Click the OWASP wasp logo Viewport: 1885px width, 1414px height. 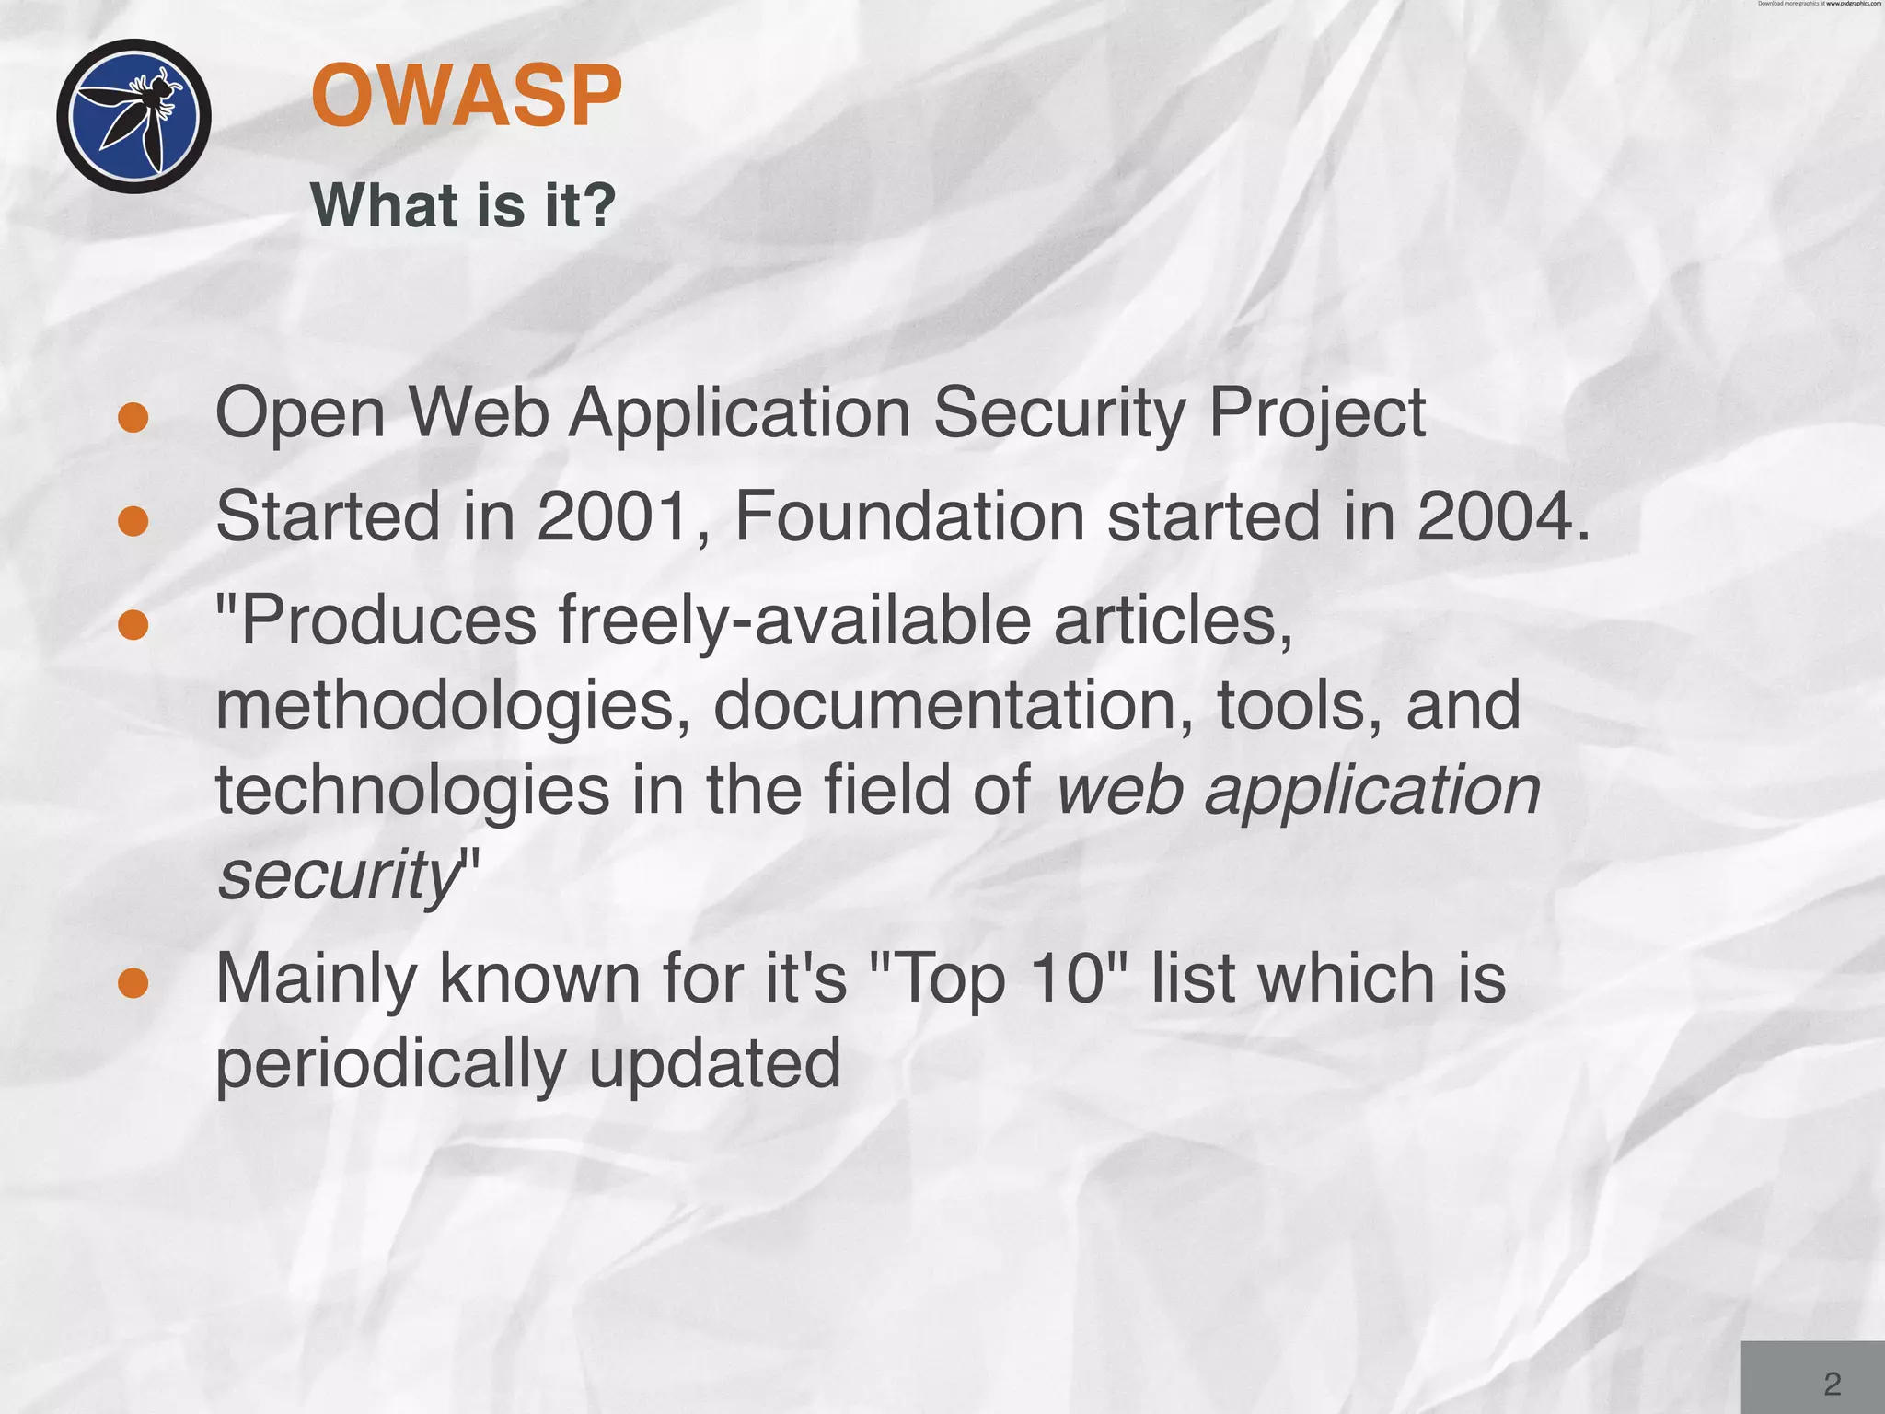tap(134, 116)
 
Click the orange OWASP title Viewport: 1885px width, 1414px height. tap(466, 96)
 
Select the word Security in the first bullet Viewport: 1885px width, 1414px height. tap(1059, 414)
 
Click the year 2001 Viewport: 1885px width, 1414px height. tap(613, 516)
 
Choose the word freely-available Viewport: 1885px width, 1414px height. tap(795, 620)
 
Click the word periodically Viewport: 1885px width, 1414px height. tap(390, 1064)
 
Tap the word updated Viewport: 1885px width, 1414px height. tap(715, 1062)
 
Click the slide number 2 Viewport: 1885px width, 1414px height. tap(1832, 1384)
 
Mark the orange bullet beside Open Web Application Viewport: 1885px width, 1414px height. tap(133, 417)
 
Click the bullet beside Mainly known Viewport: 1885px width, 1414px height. tap(133, 982)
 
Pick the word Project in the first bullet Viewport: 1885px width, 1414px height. tap(1317, 414)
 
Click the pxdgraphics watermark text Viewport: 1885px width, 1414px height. tap(1819, 4)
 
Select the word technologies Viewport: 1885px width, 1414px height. tap(412, 792)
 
